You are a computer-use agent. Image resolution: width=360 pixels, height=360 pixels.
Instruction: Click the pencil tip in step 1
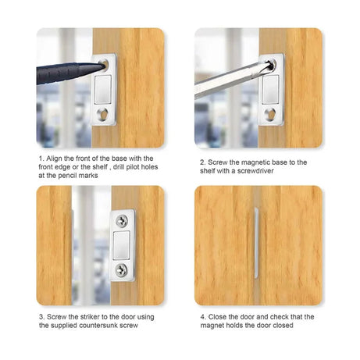[102, 60]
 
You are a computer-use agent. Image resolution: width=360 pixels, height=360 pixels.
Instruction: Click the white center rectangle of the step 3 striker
[123, 245]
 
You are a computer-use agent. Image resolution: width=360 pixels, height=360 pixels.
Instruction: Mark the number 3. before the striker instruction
[41, 316]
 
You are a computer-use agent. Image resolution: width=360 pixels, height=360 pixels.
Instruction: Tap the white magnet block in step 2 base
[271, 87]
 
